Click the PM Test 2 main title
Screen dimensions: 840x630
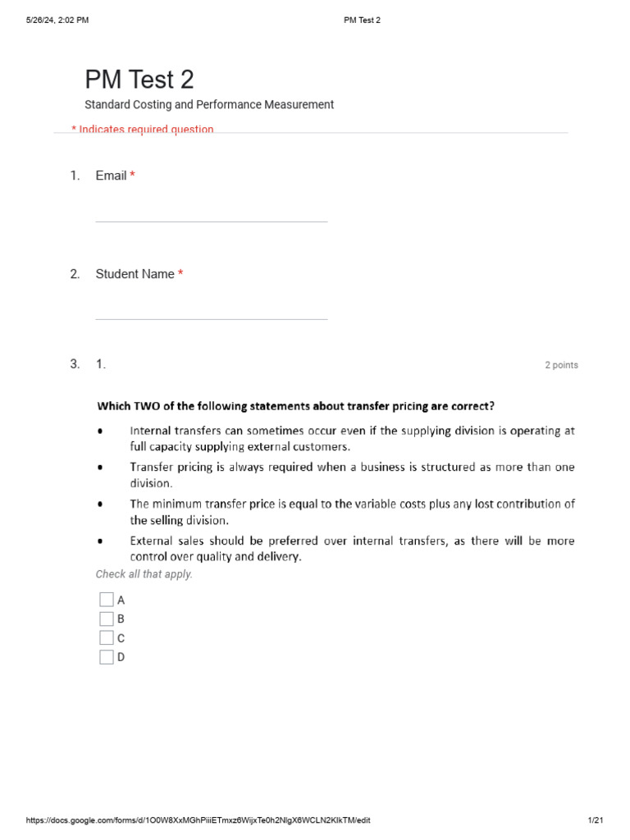139,80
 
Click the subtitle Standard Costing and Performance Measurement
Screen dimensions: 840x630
209,105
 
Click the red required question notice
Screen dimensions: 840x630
143,129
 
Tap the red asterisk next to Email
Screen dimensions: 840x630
132,176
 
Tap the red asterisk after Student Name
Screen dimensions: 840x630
180,274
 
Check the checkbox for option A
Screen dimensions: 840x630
107,600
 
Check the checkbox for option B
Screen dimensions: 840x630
107,619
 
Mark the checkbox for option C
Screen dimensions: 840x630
107,637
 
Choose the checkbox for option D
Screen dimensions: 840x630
107,656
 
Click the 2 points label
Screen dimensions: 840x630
561,365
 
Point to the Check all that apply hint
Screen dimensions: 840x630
144,574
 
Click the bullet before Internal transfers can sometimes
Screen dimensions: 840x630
100,431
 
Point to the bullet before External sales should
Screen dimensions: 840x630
100,541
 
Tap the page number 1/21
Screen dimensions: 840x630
596,820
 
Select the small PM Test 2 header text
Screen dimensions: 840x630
362,21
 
